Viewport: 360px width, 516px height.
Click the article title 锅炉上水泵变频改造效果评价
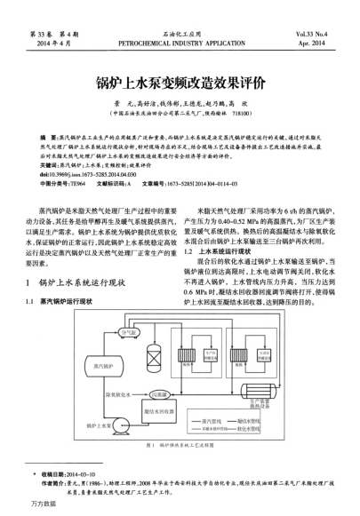[x=180, y=86]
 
